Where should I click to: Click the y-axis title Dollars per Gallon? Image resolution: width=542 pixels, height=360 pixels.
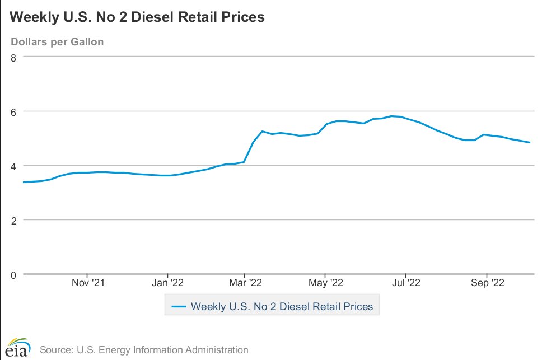57,42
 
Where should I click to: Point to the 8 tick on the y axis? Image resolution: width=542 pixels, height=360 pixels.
13,57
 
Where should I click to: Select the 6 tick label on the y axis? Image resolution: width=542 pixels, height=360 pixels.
13,111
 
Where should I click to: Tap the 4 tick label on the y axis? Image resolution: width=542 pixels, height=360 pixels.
13,166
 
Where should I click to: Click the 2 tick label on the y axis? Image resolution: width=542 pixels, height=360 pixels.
13,220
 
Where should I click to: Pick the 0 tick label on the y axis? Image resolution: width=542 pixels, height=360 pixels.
13,274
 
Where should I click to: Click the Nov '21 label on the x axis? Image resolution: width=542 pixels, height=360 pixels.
88,283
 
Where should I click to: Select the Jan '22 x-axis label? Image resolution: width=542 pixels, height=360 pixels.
167,283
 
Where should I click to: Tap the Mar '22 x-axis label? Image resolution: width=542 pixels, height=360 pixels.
245,283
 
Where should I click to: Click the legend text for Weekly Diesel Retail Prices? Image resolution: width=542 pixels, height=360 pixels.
282,307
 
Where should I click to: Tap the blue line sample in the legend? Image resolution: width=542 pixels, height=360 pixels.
179,307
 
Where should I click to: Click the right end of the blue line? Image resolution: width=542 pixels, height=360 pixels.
530,142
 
